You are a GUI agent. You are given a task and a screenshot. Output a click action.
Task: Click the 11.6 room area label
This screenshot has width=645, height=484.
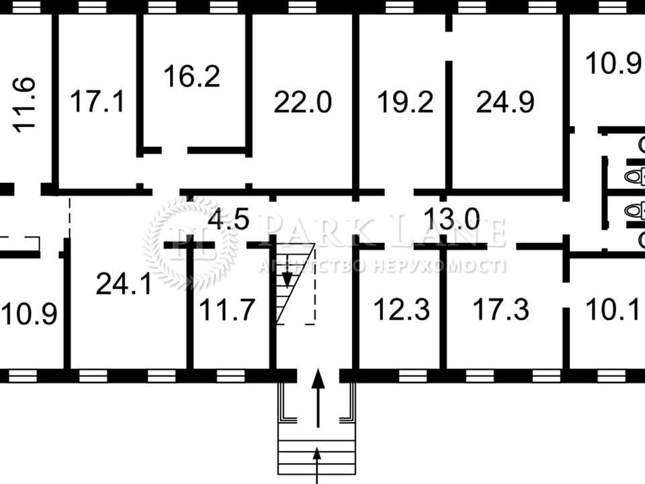24,105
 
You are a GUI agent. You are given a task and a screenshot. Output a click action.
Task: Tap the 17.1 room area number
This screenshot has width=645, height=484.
97,102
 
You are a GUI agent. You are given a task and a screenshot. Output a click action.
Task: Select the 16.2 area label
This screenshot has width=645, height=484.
191,76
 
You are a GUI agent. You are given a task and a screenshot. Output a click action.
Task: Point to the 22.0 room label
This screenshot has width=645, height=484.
302,102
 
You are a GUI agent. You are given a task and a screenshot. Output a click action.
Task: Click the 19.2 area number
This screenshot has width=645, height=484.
405,102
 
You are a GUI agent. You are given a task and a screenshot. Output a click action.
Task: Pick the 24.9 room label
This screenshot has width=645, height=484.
505,102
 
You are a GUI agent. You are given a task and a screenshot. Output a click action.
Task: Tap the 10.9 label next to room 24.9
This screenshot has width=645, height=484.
615,63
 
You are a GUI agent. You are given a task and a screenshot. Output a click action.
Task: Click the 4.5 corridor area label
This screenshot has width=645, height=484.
228,218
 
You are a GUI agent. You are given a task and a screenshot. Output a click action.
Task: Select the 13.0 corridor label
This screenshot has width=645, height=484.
451,218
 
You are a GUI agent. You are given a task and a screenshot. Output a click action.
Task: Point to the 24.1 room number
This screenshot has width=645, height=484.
124,284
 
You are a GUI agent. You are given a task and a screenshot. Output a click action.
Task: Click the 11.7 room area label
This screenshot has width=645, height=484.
226,309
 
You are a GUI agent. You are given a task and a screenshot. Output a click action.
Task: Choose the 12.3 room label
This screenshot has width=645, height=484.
402,309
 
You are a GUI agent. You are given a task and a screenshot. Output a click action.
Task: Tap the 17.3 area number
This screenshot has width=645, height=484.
501,309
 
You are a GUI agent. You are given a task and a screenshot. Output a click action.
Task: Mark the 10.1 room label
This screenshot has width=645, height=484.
613,309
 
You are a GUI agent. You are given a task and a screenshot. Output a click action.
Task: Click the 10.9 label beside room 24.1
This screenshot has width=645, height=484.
29,314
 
